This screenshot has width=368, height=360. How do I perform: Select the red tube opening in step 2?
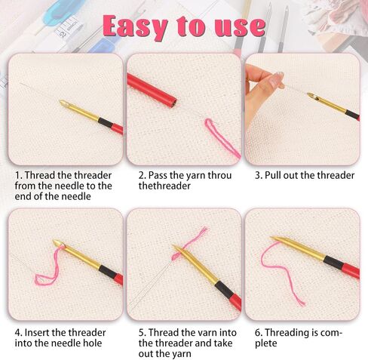point(173,103)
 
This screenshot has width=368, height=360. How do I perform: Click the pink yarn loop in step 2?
point(221,137)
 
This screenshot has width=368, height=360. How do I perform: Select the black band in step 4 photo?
point(108,272)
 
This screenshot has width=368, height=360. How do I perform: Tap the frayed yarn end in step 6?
point(300,300)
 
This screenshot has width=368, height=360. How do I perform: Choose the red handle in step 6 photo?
point(350,270)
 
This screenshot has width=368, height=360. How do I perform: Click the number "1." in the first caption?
point(18,175)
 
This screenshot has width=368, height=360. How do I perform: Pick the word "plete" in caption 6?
point(266,343)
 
